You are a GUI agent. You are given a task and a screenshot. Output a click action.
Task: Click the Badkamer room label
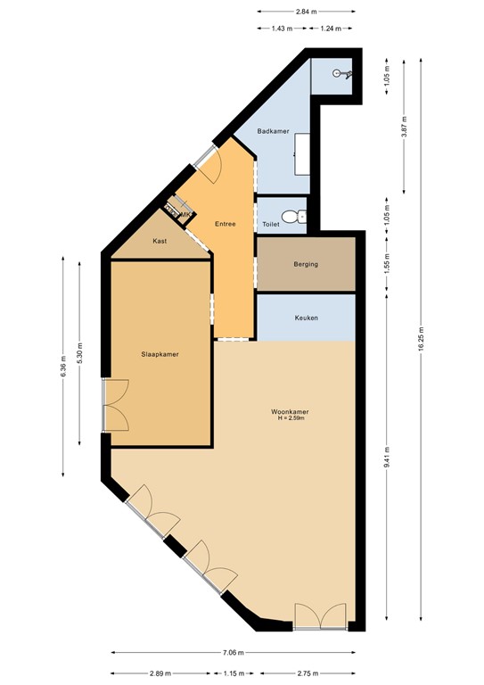(x=272, y=131)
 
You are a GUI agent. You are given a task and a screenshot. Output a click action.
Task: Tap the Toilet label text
(x=271, y=225)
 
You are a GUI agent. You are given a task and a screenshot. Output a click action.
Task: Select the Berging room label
(x=306, y=264)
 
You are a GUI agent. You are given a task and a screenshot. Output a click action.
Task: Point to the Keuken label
(x=306, y=318)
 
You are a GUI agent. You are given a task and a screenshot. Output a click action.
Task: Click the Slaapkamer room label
(x=160, y=354)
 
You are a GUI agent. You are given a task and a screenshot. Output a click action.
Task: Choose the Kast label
(x=160, y=241)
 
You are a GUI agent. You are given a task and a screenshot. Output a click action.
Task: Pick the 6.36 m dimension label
(x=63, y=367)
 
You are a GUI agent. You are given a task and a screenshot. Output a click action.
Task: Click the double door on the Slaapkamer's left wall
(x=114, y=405)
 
